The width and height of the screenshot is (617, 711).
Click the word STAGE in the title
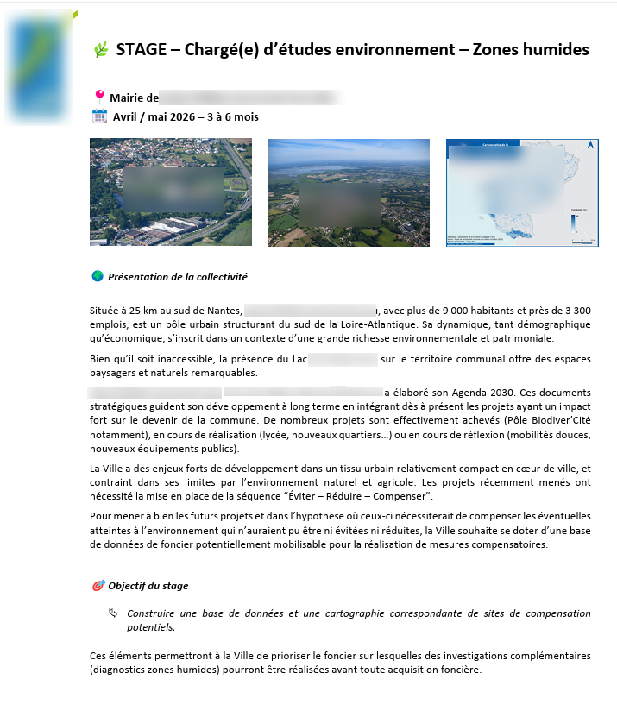pyautogui.click(x=141, y=50)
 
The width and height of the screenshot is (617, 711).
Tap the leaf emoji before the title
pyautogui.click(x=100, y=50)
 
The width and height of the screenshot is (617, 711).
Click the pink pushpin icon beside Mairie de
pyautogui.click(x=99, y=97)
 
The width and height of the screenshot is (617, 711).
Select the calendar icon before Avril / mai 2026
pyautogui.click(x=99, y=116)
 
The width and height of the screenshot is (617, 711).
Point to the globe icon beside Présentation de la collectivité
pyautogui.click(x=98, y=276)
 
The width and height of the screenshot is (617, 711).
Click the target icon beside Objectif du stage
pyautogui.click(x=98, y=586)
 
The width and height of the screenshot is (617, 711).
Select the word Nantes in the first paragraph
pyautogui.click(x=221, y=310)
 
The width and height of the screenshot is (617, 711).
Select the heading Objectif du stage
pyautogui.click(x=148, y=586)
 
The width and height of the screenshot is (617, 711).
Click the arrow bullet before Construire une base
pyautogui.click(x=113, y=613)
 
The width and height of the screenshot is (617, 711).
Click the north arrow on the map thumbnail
pyautogui.click(x=590, y=146)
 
